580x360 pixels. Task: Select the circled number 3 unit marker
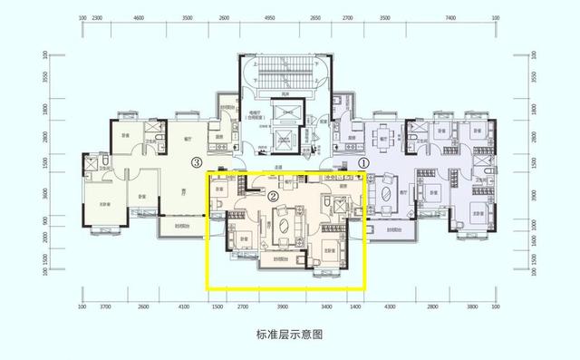tap(196, 164)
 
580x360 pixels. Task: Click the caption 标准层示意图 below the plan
tap(290, 334)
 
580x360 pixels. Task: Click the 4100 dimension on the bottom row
tap(185, 307)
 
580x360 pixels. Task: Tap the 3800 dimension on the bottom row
tap(470, 307)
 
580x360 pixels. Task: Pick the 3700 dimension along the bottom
tap(105, 307)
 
